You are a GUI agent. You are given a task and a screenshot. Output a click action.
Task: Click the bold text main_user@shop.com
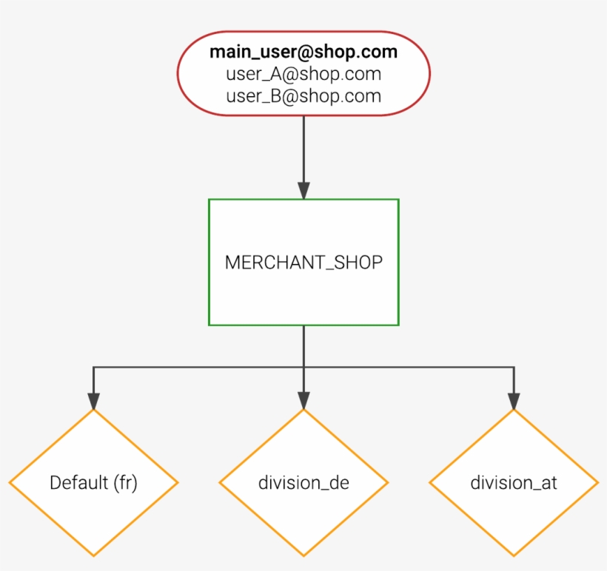[303, 53]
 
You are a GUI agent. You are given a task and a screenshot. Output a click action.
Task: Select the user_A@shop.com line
[303, 74]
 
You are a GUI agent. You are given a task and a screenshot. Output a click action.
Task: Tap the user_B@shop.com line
[303, 96]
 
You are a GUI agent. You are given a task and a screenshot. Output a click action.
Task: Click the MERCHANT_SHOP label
[303, 263]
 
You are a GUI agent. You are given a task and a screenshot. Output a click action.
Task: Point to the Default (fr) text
[94, 483]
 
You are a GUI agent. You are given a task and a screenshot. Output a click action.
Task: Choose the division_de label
[303, 483]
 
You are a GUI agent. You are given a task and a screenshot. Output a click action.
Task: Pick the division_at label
[514, 483]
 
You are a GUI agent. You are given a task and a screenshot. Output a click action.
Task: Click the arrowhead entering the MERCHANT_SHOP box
[303, 190]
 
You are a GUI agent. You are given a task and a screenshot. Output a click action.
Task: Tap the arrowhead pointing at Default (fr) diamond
[93, 400]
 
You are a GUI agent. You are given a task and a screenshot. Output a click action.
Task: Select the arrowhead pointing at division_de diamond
[303, 400]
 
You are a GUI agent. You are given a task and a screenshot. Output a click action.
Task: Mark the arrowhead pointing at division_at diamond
[514, 400]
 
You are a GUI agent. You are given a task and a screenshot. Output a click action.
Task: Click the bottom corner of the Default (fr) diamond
[94, 555]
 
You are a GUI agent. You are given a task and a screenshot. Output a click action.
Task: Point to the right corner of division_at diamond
[597, 483]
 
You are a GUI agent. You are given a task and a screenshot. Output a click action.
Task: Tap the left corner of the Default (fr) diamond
[10, 483]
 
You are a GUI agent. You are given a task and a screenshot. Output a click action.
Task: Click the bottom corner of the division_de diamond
[303, 555]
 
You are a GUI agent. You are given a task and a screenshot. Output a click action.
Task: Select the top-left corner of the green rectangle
[209, 200]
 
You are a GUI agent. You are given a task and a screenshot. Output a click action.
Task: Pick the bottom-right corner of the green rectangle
[398, 325]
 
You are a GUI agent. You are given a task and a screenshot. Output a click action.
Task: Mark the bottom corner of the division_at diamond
[514, 555]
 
